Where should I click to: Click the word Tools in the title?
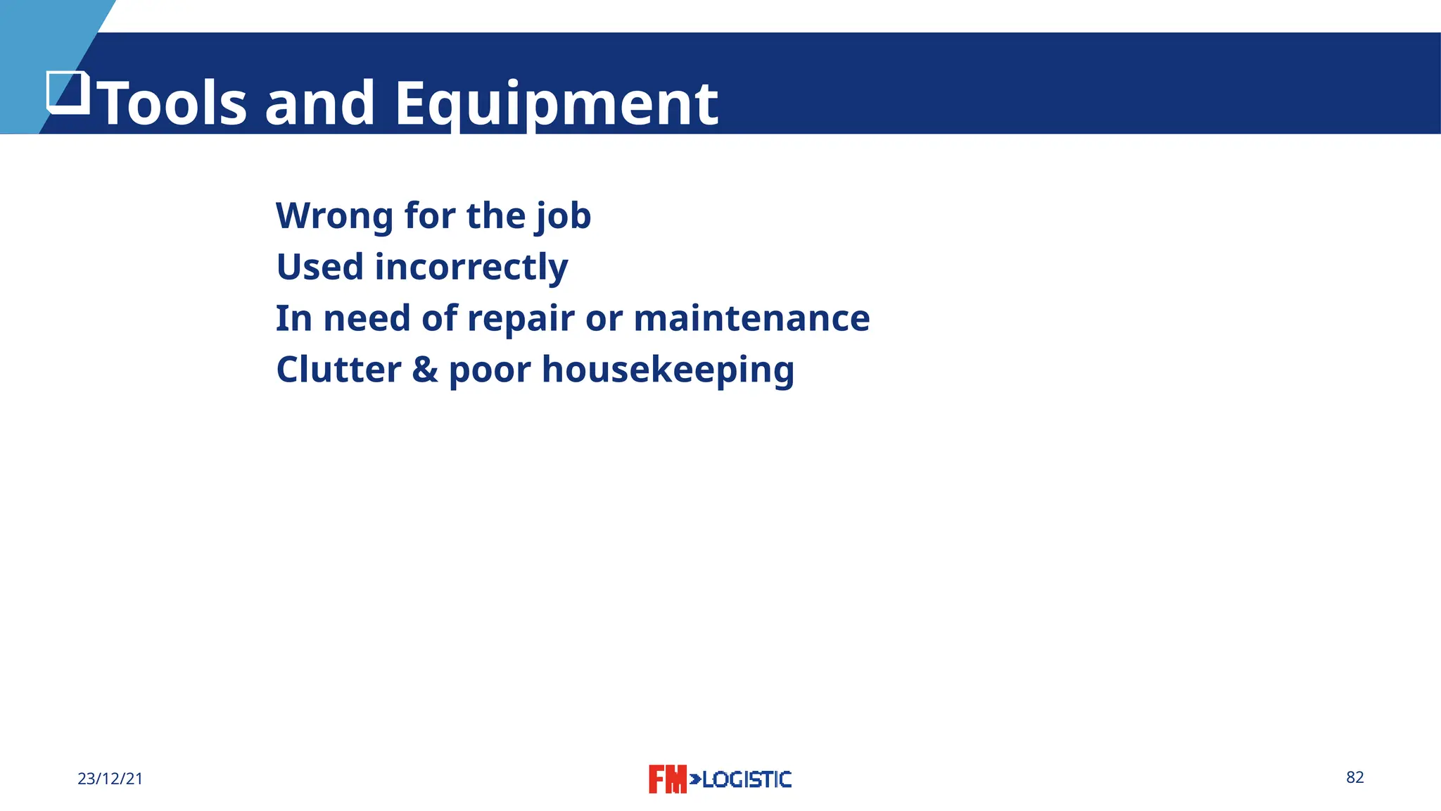coord(174,103)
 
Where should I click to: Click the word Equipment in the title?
coord(556,103)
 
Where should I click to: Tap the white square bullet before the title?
coord(68,92)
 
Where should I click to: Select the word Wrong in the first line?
coord(334,215)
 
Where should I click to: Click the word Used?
coord(319,267)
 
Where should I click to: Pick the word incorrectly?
coord(471,267)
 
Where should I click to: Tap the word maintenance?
coord(751,318)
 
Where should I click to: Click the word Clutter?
coord(338,370)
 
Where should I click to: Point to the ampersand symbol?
coord(425,370)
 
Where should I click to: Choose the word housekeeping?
coord(668,370)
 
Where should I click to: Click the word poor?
coord(489,370)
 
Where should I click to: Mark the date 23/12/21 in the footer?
coord(110,779)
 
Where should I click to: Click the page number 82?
coord(1354,777)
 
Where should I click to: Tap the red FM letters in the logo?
coord(666,779)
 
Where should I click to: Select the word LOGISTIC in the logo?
coord(747,779)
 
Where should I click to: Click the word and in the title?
coord(319,103)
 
